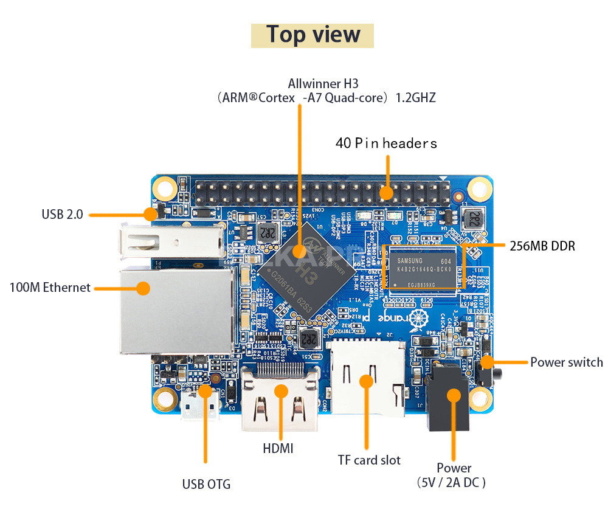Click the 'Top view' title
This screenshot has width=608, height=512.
point(313,35)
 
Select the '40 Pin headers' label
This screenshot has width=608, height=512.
point(386,144)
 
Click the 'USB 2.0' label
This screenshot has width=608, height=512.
point(62,214)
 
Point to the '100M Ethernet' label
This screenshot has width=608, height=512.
point(50,288)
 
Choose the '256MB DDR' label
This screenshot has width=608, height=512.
point(542,246)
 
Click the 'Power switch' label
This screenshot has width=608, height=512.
point(566,362)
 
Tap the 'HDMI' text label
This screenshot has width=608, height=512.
point(278,449)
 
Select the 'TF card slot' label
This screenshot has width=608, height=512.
point(369,460)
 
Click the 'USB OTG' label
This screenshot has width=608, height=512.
point(206,485)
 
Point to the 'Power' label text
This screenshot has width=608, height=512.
point(454,468)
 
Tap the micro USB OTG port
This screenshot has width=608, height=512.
point(200,405)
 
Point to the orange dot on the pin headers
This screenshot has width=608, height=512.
point(387,193)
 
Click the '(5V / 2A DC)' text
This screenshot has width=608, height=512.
point(452,483)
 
